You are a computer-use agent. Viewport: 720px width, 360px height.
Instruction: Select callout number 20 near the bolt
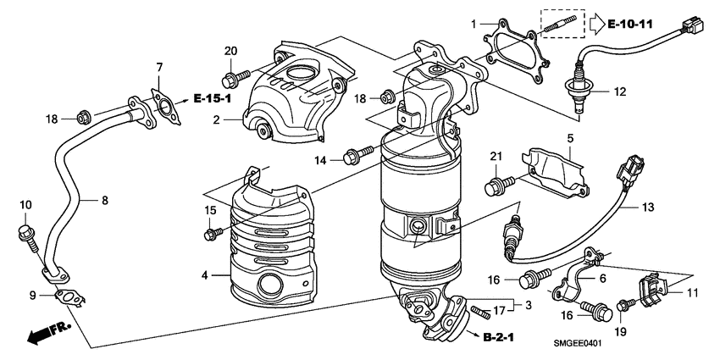pos(230,52)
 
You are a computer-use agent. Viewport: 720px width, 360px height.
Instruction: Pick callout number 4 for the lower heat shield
pos(205,274)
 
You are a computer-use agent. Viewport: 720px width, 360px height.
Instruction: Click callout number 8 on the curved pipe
pos(105,201)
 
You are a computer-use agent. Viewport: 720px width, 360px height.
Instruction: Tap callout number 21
pos(496,157)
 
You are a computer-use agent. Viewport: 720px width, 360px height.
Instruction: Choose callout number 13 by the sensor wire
pos(647,207)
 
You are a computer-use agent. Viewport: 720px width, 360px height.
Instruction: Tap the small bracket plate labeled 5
pos(555,169)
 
